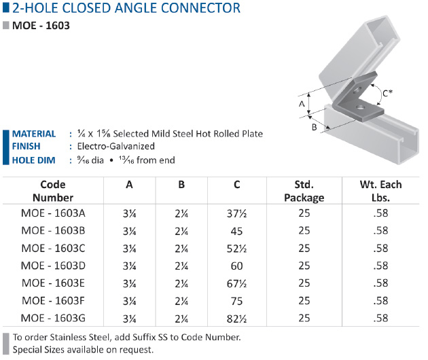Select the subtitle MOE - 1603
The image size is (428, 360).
[x=41, y=26]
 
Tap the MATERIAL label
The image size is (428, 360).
[x=34, y=134]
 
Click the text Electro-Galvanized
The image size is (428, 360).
[x=116, y=146]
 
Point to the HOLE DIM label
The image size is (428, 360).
[x=33, y=160]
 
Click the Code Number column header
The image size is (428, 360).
[x=53, y=191]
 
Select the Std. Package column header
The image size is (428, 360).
[x=304, y=191]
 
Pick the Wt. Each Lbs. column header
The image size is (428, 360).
[x=380, y=191]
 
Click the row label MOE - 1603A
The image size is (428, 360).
[x=53, y=213]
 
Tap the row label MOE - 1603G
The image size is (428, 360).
[x=53, y=319]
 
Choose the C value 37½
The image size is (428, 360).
[x=236, y=213]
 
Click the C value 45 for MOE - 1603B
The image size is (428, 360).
[x=236, y=231]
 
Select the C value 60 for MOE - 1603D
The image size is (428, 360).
[x=236, y=266]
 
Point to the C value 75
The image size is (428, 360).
[x=236, y=301]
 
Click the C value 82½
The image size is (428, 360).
[x=236, y=319]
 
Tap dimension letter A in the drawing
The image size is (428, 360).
[x=302, y=104]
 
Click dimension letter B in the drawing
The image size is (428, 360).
[x=314, y=127]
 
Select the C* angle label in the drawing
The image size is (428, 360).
[x=387, y=93]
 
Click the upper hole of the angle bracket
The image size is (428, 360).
[x=356, y=90]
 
